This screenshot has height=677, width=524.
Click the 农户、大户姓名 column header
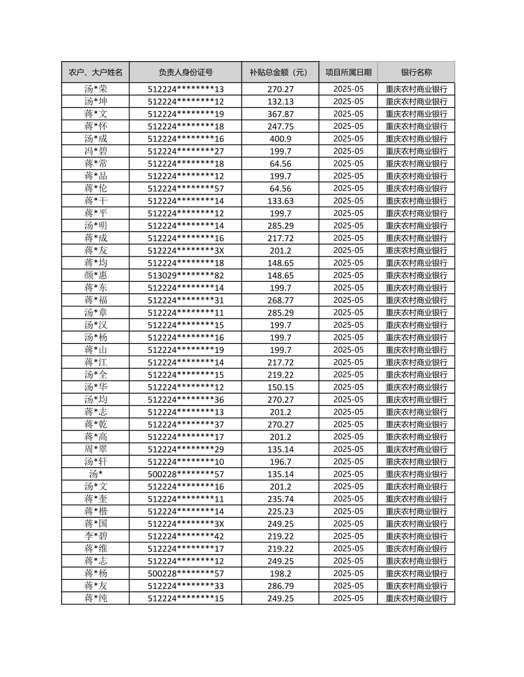(95, 72)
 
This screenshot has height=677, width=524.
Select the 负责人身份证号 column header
(185, 72)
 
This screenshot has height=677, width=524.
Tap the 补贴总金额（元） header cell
(280, 72)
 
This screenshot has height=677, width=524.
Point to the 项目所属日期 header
(348, 72)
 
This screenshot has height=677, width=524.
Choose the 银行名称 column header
(416, 72)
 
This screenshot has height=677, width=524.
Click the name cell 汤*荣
(95, 89)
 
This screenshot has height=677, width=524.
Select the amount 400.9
(280, 139)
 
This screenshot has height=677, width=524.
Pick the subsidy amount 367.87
(280, 114)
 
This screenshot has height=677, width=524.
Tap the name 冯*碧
(95, 151)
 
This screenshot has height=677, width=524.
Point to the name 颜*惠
(95, 275)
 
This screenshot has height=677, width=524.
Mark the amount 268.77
(280, 300)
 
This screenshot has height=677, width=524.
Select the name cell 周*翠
(95, 449)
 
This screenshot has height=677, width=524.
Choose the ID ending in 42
(185, 536)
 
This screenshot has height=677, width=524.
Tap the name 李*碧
(95, 536)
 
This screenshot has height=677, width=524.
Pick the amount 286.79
(280, 586)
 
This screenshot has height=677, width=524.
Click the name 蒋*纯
(95, 598)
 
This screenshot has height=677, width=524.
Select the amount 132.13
(280, 101)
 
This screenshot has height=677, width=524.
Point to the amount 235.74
(280, 499)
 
